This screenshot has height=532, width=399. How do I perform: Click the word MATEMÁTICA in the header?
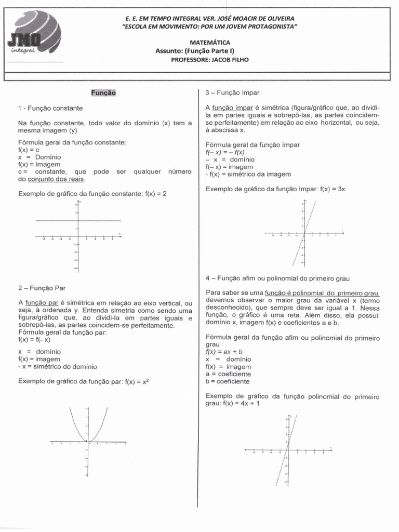click(210, 43)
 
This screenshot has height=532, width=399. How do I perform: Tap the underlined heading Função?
click(104, 92)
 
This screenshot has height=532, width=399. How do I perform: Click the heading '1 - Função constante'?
click(50, 108)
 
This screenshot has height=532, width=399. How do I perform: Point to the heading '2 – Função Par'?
click(42, 287)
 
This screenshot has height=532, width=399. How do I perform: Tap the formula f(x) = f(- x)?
click(34, 340)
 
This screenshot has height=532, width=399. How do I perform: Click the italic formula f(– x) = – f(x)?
click(225, 152)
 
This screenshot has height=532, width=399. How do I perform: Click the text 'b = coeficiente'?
click(228, 381)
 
